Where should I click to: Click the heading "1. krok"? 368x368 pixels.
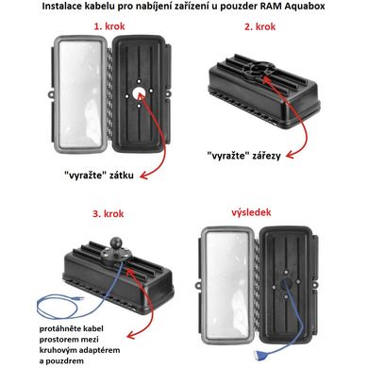tap(109, 26)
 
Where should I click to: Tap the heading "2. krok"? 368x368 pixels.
tap(259, 26)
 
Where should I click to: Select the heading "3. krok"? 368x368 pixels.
tap(109, 214)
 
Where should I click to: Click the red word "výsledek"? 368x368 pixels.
tap(251, 212)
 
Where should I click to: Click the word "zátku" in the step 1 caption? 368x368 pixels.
tap(121, 176)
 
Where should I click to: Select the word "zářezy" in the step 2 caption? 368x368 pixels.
tap(266, 156)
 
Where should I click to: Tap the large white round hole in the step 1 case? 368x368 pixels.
tap(139, 93)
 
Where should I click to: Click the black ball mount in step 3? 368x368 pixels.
tap(115, 243)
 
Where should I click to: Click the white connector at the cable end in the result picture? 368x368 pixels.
tap(261, 355)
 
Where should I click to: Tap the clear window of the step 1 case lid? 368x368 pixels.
tap(80, 93)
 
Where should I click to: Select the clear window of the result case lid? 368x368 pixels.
tap(227, 287)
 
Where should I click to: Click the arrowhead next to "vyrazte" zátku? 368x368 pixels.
tap(143, 176)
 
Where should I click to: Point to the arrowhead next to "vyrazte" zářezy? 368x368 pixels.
tap(290, 155)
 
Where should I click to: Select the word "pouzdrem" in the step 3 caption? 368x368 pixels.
tap(65, 361)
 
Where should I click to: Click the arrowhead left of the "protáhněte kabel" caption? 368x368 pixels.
tap(131, 335)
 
